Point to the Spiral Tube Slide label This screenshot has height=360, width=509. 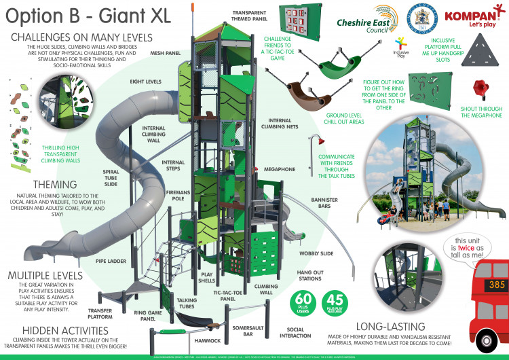pyautogui.click(x=111, y=177)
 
